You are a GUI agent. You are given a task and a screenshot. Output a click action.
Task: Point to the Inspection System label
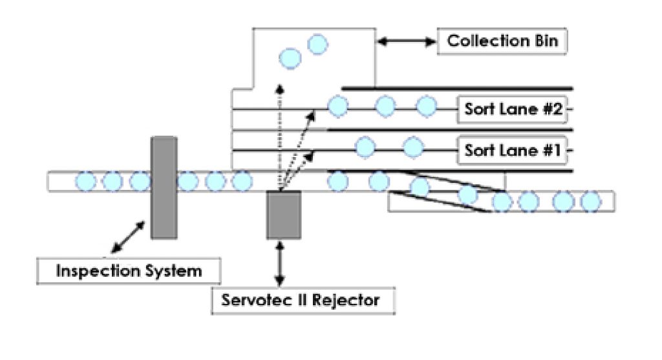pos(129,270)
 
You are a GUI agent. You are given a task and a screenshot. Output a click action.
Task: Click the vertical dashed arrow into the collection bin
pos(279,136)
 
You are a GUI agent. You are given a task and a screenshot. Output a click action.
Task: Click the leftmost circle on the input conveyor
pos(84,182)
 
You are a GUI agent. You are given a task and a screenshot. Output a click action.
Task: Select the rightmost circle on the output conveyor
pos(590,202)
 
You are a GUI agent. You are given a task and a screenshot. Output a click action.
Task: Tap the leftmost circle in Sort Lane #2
pos(337,107)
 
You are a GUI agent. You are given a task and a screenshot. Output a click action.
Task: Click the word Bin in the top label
pos(549,42)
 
